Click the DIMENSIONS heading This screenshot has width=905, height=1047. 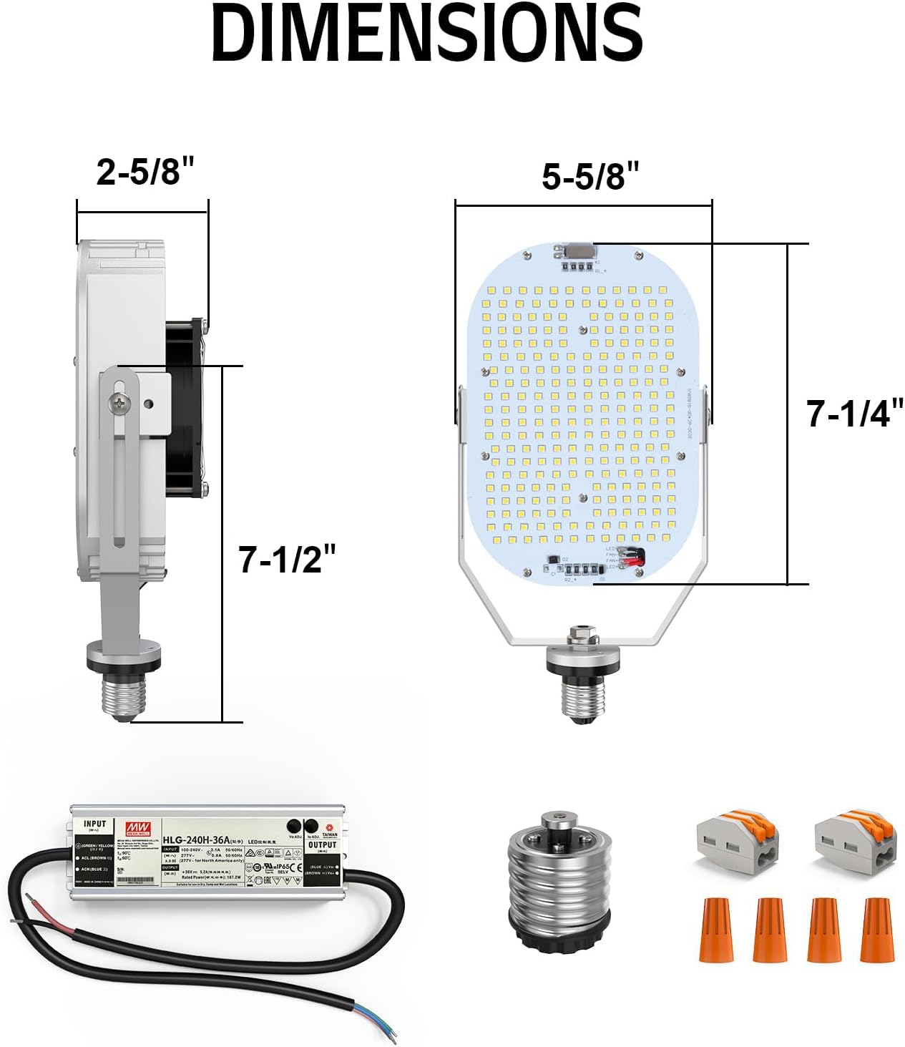[427, 34]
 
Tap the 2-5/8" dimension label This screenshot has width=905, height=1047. [146, 172]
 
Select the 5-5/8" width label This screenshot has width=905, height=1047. [590, 176]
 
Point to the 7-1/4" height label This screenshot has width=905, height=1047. [854, 414]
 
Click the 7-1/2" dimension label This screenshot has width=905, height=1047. [287, 559]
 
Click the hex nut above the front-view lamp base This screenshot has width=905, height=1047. [579, 635]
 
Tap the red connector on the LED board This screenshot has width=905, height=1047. [633, 557]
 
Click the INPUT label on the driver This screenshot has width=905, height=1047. [94, 824]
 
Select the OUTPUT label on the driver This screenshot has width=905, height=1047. [322, 845]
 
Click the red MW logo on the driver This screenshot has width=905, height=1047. [136, 829]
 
